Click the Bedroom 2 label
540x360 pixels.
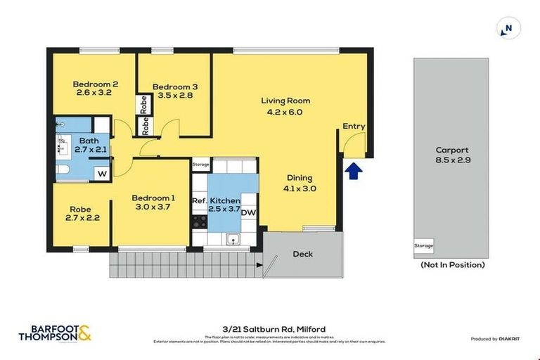coord(95,84)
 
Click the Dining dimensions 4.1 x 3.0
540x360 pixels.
coord(299,188)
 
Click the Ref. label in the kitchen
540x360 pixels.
coord(199,201)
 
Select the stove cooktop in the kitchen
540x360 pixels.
coord(198,221)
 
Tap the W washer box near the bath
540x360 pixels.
coord(102,172)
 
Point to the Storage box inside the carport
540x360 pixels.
coord(423,246)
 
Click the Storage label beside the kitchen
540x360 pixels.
coord(200,164)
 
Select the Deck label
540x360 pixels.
coord(302,254)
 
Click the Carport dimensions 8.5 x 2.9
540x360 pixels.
coord(451,160)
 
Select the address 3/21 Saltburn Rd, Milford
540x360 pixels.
coord(270,329)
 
